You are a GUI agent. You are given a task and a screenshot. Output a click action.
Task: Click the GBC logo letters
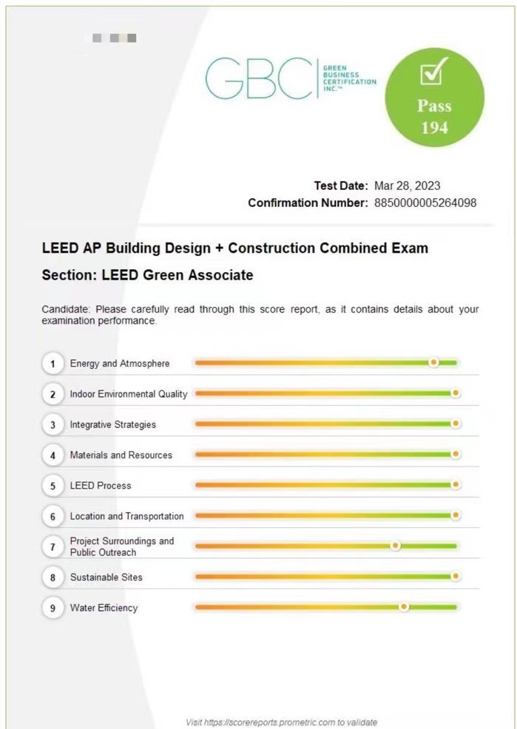tap(260, 78)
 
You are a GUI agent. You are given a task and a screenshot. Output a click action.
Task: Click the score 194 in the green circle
tap(435, 127)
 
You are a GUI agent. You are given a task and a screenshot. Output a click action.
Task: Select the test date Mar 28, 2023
tap(408, 186)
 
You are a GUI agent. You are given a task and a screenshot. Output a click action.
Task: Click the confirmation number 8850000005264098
tap(425, 203)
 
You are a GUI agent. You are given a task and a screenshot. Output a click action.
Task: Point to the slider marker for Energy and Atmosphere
tap(433, 362)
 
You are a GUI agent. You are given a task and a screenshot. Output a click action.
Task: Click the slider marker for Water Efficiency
tap(404, 607)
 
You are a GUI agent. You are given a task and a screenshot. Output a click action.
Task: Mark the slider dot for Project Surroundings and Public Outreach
tap(395, 546)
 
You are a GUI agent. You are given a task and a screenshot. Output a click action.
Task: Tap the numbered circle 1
tap(53, 364)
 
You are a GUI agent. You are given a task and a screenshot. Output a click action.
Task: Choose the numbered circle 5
tap(53, 486)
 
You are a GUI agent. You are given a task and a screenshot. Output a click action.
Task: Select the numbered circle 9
tap(53, 608)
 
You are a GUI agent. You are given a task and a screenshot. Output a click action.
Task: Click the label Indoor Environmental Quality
tap(129, 394)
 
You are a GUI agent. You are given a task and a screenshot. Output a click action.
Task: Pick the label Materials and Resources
tap(121, 455)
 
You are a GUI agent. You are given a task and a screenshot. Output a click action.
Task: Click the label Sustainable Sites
tap(107, 577)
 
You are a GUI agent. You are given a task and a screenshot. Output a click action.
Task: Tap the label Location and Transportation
tap(127, 516)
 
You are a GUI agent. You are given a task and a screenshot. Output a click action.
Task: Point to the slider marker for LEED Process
tap(456, 484)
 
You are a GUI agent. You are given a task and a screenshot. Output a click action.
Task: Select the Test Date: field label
tap(341, 186)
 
